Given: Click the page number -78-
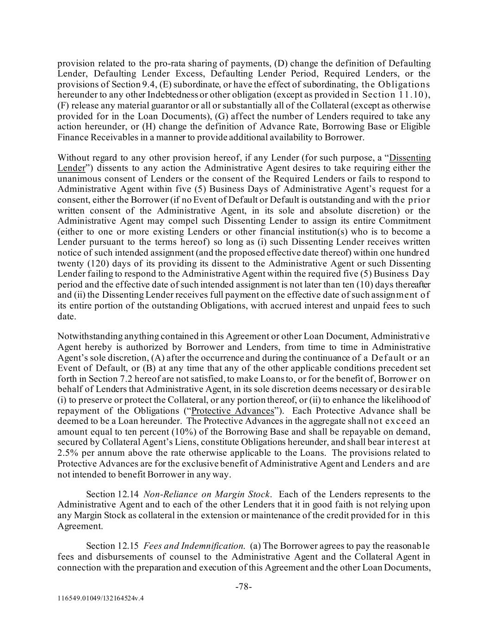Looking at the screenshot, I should tap(244, 587).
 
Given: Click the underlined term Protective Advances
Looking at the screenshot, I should tap(233, 411).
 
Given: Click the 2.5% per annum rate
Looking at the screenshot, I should tap(68, 453).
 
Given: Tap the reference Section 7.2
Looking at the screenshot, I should tap(103, 379).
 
